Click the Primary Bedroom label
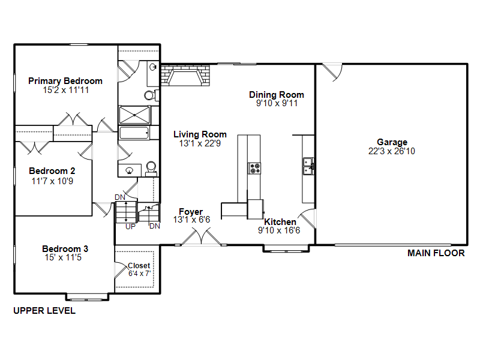pyautogui.click(x=65, y=81)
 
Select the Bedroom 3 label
pyautogui.click(x=65, y=249)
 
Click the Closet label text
pyautogui.click(x=139, y=266)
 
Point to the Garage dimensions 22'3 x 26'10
pyautogui.click(x=392, y=151)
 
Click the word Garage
pyautogui.click(x=392, y=142)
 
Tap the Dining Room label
pyautogui.click(x=277, y=95)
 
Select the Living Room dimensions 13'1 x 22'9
pyautogui.click(x=200, y=143)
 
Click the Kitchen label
pyautogui.click(x=280, y=222)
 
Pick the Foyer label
pyautogui.click(x=191, y=212)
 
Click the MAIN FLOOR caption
pyautogui.click(x=436, y=253)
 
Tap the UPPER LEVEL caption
pyautogui.click(x=44, y=311)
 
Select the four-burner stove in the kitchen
pyautogui.click(x=255, y=168)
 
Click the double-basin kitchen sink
pyautogui.click(x=308, y=165)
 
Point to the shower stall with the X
pyautogui.click(x=137, y=115)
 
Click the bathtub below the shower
pyautogui.click(x=137, y=133)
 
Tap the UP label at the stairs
pyautogui.click(x=130, y=227)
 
